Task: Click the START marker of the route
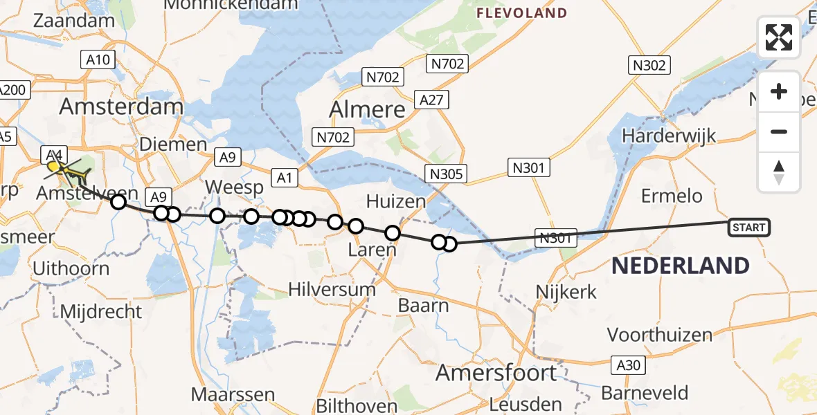tap(748, 227)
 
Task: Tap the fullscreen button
tap(779, 37)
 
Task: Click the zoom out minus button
tap(779, 131)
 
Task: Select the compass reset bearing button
tap(779, 172)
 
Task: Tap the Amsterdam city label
tap(121, 107)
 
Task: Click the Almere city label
tap(367, 109)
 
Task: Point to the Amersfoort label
tap(496, 373)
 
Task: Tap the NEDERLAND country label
tap(681, 266)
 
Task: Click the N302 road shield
tap(649, 66)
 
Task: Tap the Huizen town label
tap(395, 202)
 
